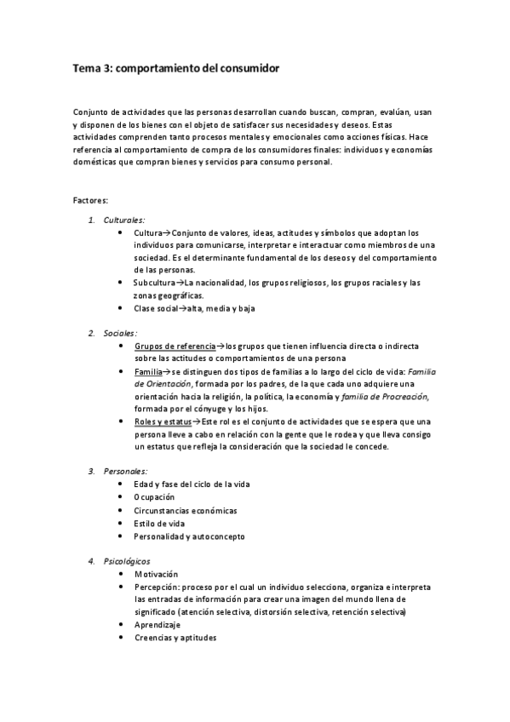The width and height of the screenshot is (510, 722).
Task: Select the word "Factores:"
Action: click(90, 200)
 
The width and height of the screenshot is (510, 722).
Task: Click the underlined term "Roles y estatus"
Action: click(163, 421)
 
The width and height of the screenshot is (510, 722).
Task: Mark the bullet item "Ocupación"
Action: click(154, 497)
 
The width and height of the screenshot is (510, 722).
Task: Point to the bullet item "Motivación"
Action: click(158, 574)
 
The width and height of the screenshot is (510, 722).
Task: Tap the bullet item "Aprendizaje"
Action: click(158, 624)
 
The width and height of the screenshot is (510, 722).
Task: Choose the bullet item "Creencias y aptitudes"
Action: click(175, 638)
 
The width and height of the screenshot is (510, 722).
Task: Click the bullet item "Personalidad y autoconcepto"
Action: click(189, 536)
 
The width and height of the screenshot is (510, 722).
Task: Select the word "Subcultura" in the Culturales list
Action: click(153, 283)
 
